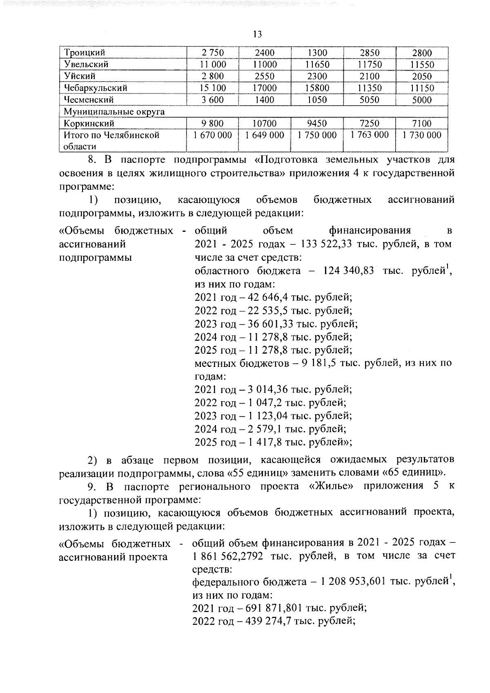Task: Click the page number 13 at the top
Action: pos(257,34)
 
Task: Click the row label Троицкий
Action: pos(85,53)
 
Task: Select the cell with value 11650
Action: pos(317,64)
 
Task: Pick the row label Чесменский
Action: pos(89,100)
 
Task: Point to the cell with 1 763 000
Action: pos(370,135)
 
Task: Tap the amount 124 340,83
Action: pos(348,271)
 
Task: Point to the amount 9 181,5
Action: pos(319,363)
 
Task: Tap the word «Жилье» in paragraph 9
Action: pos(331,486)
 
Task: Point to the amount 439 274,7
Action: pos(269,621)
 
